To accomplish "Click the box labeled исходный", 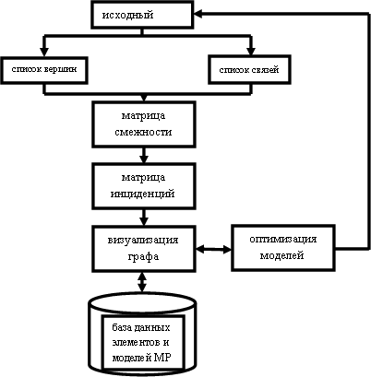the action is [142, 15].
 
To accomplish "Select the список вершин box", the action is [44, 70].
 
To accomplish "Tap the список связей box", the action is [249, 70].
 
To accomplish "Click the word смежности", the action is [143, 133].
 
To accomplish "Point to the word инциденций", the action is [143, 194].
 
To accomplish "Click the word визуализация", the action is [143, 240].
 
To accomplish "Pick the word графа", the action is [143, 256].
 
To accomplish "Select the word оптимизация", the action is [283, 240].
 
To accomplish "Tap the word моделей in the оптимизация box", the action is [282, 255].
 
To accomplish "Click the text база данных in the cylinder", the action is [141, 327].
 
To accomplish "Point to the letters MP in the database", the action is [163, 357].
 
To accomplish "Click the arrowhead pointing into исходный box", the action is [197, 14].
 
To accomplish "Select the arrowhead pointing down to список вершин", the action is [44, 52].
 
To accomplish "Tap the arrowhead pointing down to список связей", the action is [251, 51].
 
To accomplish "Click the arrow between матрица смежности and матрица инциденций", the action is [143, 155].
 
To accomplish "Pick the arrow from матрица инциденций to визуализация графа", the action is [143, 218].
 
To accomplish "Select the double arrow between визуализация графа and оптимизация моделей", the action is [213, 249].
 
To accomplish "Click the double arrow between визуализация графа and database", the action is [142, 282].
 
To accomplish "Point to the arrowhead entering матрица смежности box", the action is [144, 99].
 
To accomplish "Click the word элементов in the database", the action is [140, 342].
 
